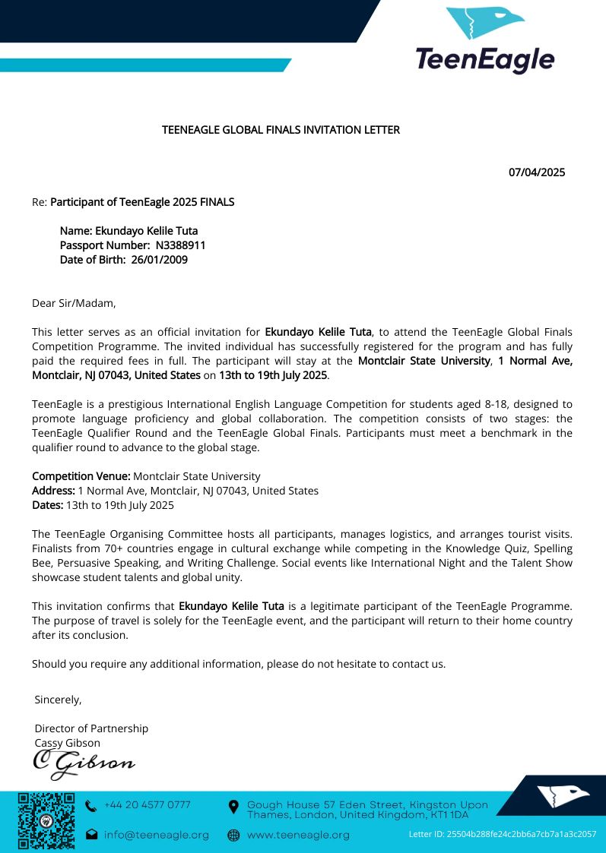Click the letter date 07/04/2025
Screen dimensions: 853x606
(x=536, y=172)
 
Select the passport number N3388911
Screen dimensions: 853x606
(x=180, y=245)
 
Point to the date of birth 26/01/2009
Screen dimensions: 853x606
(x=159, y=260)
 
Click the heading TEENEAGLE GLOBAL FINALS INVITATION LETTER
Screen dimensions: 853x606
(x=281, y=130)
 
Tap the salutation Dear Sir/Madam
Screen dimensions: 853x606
(x=74, y=303)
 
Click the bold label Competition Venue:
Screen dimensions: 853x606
(x=81, y=476)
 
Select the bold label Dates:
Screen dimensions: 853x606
(x=47, y=505)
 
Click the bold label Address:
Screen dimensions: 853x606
(x=53, y=491)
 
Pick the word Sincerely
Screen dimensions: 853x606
(x=58, y=699)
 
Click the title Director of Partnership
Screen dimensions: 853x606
(x=91, y=728)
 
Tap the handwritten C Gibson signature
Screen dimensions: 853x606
(x=83, y=763)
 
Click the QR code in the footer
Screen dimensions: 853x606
(x=46, y=820)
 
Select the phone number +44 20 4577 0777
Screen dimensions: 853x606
(x=147, y=804)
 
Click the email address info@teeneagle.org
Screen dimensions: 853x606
(x=156, y=835)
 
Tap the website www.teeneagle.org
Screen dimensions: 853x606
(x=298, y=835)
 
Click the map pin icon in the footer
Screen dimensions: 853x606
(x=233, y=806)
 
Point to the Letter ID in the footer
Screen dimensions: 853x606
(x=502, y=834)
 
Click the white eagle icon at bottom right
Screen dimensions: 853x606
(x=563, y=795)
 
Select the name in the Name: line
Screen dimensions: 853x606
(x=146, y=231)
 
